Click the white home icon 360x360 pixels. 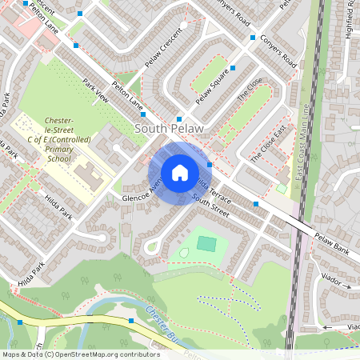click(x=180, y=172)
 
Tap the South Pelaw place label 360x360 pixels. click(x=169, y=128)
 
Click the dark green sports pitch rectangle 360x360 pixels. click(x=206, y=242)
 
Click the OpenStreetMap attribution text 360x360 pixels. click(x=80, y=354)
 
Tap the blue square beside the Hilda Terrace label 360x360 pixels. click(x=210, y=165)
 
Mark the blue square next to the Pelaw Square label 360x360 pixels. click(x=233, y=68)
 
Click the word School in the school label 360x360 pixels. click(x=58, y=159)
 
